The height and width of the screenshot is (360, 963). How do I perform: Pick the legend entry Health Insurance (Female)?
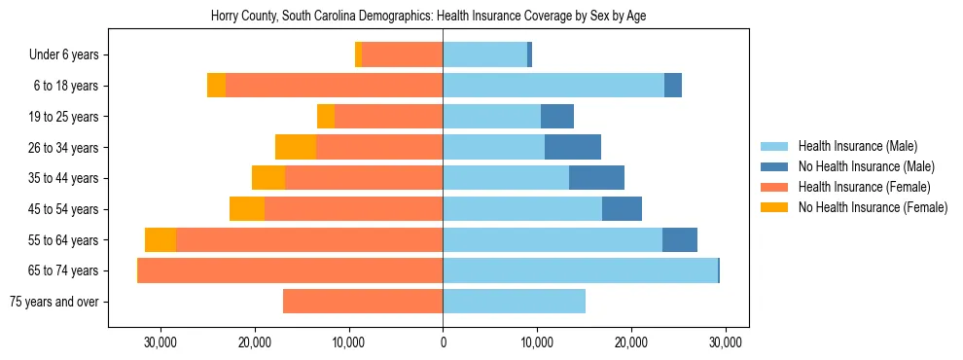pos(857,187)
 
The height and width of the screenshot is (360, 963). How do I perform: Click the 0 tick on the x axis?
pos(443,342)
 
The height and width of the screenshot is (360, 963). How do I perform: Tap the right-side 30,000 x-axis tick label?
pos(726,342)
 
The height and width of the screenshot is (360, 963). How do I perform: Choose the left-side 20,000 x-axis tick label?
pos(254,342)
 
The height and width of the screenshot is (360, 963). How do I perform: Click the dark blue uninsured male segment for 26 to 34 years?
pos(573,147)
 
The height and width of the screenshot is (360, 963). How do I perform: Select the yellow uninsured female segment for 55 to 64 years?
pos(160,239)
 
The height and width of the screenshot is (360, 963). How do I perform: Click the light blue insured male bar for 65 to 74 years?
pos(580,270)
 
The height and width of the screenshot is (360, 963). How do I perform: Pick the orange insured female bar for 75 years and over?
pos(363,302)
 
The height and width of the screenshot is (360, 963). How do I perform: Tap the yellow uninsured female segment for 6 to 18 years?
pos(216,86)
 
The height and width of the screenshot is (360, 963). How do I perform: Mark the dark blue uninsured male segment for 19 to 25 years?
pos(557,117)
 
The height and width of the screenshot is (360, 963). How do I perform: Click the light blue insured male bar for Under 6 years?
pos(484,55)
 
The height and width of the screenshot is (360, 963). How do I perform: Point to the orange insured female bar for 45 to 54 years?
pos(353,209)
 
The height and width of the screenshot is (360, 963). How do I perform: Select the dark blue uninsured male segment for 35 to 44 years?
pos(596,178)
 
